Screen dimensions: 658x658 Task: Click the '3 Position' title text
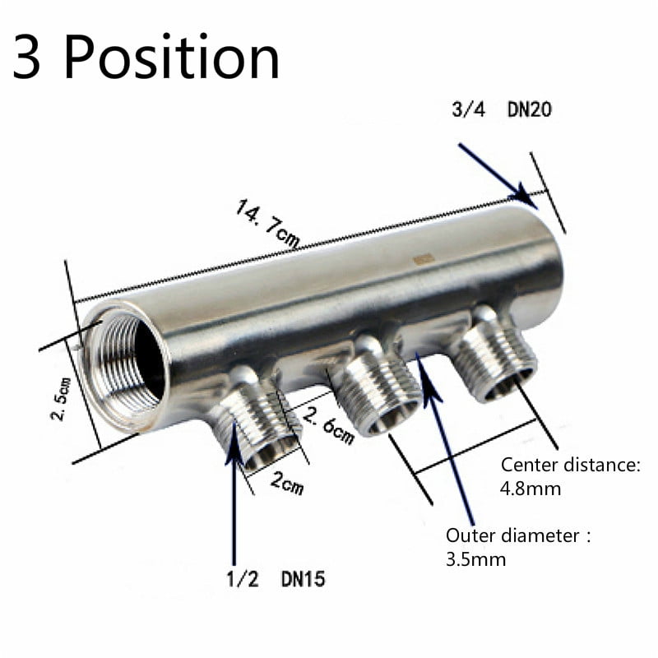click(x=146, y=58)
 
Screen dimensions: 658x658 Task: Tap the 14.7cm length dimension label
click(x=268, y=225)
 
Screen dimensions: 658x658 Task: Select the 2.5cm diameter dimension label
click(x=59, y=398)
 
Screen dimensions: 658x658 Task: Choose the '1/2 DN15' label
click(x=276, y=579)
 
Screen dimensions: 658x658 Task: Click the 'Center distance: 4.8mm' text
click(x=570, y=477)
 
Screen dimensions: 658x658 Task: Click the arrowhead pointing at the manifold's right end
click(x=523, y=195)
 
